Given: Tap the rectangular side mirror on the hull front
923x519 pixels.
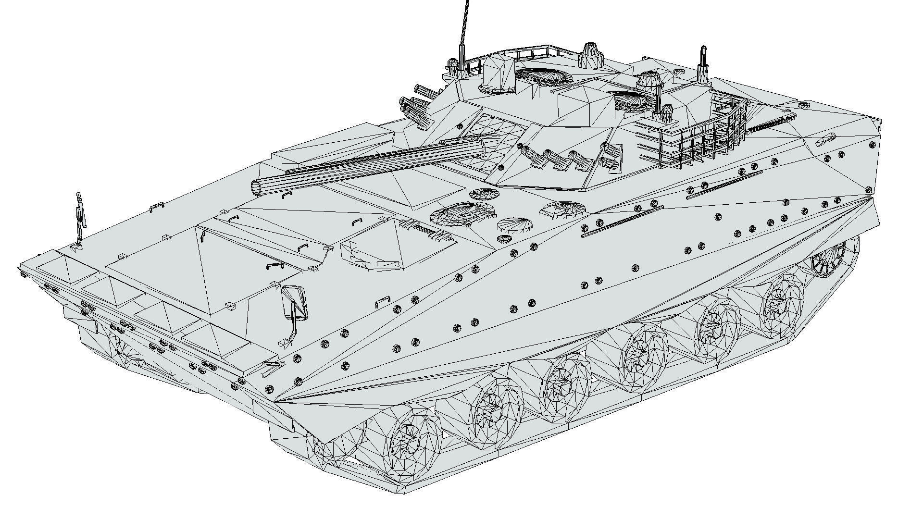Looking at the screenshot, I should pyautogui.click(x=294, y=303).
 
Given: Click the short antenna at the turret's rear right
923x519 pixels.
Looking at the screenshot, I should pyautogui.click(x=703, y=65).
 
